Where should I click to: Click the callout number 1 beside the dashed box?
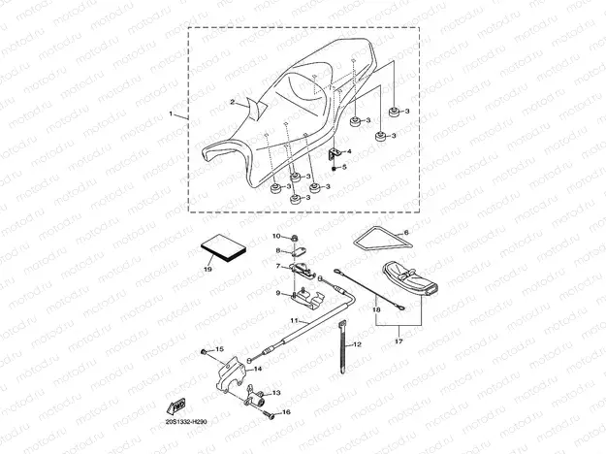(172, 114)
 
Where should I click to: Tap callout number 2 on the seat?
(232, 102)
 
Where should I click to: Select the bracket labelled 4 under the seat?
(335, 153)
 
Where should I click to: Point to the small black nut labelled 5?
(335, 168)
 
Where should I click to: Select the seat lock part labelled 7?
(303, 268)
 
